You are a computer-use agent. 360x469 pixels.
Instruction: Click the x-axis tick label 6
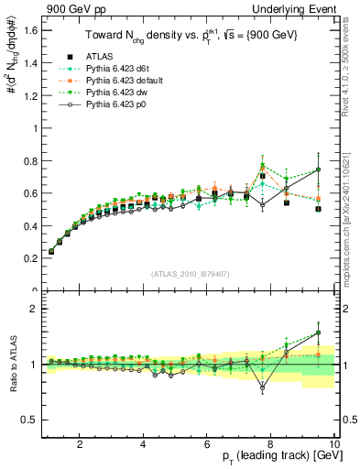207,444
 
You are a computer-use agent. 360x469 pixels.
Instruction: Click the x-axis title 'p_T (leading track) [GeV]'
275,457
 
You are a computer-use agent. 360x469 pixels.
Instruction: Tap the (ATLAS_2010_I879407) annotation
190,272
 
